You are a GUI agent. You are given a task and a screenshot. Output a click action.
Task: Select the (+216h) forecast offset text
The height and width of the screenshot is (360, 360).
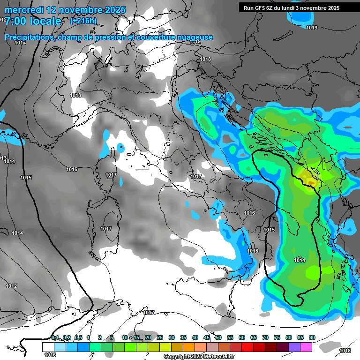83,21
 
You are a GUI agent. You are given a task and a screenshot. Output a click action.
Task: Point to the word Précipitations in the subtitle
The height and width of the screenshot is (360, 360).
29,37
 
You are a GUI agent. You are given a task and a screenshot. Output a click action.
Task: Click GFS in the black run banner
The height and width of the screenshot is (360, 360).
261,7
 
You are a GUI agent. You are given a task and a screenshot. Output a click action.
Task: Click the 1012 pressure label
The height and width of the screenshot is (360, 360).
11,286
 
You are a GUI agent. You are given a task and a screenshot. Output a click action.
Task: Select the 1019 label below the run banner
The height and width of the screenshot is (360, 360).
312,28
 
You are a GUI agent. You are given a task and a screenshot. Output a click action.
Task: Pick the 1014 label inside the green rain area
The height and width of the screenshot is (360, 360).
300,260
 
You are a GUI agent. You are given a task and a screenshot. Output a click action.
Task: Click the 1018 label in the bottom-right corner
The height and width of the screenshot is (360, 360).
345,351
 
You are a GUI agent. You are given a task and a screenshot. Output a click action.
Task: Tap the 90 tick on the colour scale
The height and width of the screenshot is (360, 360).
312,337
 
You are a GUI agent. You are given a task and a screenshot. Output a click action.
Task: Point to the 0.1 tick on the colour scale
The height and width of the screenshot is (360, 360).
55,337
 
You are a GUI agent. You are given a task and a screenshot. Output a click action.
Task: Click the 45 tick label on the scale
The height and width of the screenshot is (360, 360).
207,337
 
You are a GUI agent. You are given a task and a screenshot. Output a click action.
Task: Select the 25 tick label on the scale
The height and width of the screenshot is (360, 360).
160,337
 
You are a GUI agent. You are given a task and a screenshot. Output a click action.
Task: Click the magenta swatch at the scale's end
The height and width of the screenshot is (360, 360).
306,346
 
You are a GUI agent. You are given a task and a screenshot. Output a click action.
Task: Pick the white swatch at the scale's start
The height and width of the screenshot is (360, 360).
48,346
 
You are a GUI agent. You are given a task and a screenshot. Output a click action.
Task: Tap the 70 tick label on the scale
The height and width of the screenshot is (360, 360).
265,337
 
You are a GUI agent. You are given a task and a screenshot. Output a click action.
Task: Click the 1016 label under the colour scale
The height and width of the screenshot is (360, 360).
50,355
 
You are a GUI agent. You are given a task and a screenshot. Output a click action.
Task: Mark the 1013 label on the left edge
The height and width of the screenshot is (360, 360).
3,158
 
